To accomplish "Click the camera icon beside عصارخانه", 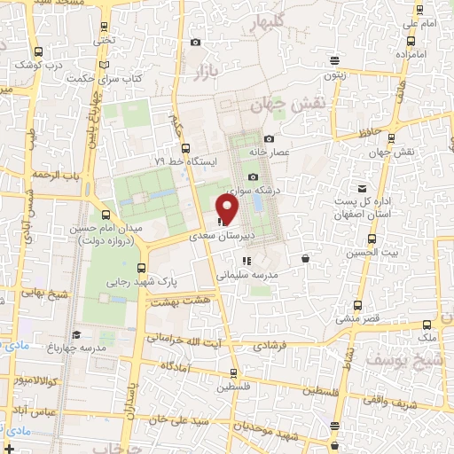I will (268, 137).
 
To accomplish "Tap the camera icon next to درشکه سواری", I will (254, 176).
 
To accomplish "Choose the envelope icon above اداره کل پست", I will (362, 188).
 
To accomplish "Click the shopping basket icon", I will (306, 259).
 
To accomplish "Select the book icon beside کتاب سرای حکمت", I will (104, 65).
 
